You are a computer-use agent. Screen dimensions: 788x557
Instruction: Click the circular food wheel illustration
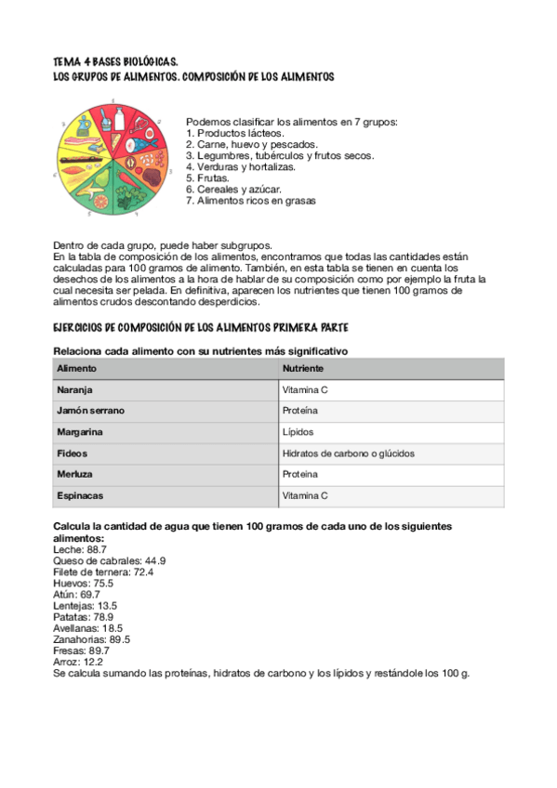click(x=118, y=161)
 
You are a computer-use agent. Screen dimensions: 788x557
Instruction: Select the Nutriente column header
click(x=303, y=369)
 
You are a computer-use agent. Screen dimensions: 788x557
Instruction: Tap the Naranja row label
click(x=74, y=390)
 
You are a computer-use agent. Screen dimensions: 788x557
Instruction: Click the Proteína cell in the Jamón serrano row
click(x=300, y=411)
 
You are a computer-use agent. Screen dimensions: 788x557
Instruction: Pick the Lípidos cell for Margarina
click(x=298, y=432)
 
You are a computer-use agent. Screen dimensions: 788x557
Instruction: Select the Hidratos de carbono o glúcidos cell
click(x=348, y=453)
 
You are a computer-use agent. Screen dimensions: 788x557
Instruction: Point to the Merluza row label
click(x=74, y=475)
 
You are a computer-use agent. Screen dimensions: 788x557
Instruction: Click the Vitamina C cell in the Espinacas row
click(x=305, y=496)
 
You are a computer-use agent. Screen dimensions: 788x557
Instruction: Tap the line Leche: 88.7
click(x=80, y=550)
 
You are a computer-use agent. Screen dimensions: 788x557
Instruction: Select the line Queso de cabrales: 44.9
click(x=110, y=561)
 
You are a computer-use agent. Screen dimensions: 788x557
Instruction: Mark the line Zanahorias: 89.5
click(x=92, y=639)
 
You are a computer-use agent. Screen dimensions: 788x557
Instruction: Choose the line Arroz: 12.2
click(x=78, y=662)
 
